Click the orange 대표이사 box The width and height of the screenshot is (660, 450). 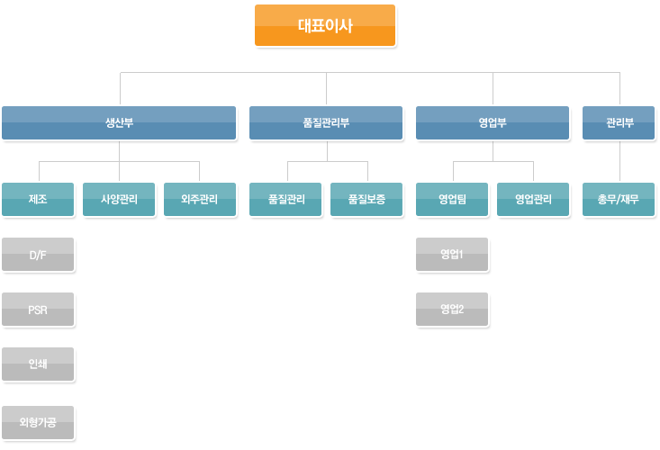point(325,25)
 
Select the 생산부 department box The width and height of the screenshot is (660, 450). point(119,123)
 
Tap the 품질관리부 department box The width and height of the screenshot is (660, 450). point(326,123)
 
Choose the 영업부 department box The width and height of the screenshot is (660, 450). point(493,123)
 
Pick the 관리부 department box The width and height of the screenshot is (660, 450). point(619,123)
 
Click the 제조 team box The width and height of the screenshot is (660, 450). point(38,200)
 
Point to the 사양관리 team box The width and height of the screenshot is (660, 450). point(119,200)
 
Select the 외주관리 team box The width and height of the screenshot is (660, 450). point(199,200)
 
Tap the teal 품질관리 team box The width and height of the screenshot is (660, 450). point(286,200)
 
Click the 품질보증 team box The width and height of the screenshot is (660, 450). point(366,200)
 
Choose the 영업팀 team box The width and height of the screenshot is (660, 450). point(452,200)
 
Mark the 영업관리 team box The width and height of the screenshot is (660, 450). point(533,200)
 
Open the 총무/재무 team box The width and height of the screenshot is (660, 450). point(619,200)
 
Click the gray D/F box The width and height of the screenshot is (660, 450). point(38,255)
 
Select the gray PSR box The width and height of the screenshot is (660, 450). point(38,310)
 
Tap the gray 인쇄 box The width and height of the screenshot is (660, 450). point(38,365)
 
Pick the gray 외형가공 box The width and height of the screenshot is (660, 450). point(38,421)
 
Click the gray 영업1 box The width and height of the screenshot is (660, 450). point(452,255)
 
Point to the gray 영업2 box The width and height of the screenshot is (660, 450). point(452,310)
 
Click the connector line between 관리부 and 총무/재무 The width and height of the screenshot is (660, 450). point(619,161)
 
